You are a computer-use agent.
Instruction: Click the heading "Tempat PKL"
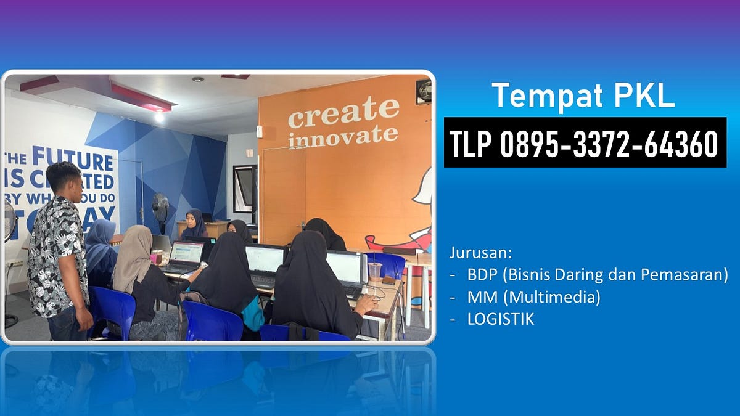583,96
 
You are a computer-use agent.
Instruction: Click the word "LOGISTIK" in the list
501,319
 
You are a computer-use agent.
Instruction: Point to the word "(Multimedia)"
551,297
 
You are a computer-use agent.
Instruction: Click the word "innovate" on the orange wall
343,136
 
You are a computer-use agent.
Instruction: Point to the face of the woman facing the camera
192,220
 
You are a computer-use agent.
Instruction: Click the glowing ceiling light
159,116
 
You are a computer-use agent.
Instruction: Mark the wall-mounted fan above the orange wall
423,91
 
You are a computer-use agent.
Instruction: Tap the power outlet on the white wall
14,264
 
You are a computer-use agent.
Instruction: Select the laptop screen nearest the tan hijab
186,252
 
